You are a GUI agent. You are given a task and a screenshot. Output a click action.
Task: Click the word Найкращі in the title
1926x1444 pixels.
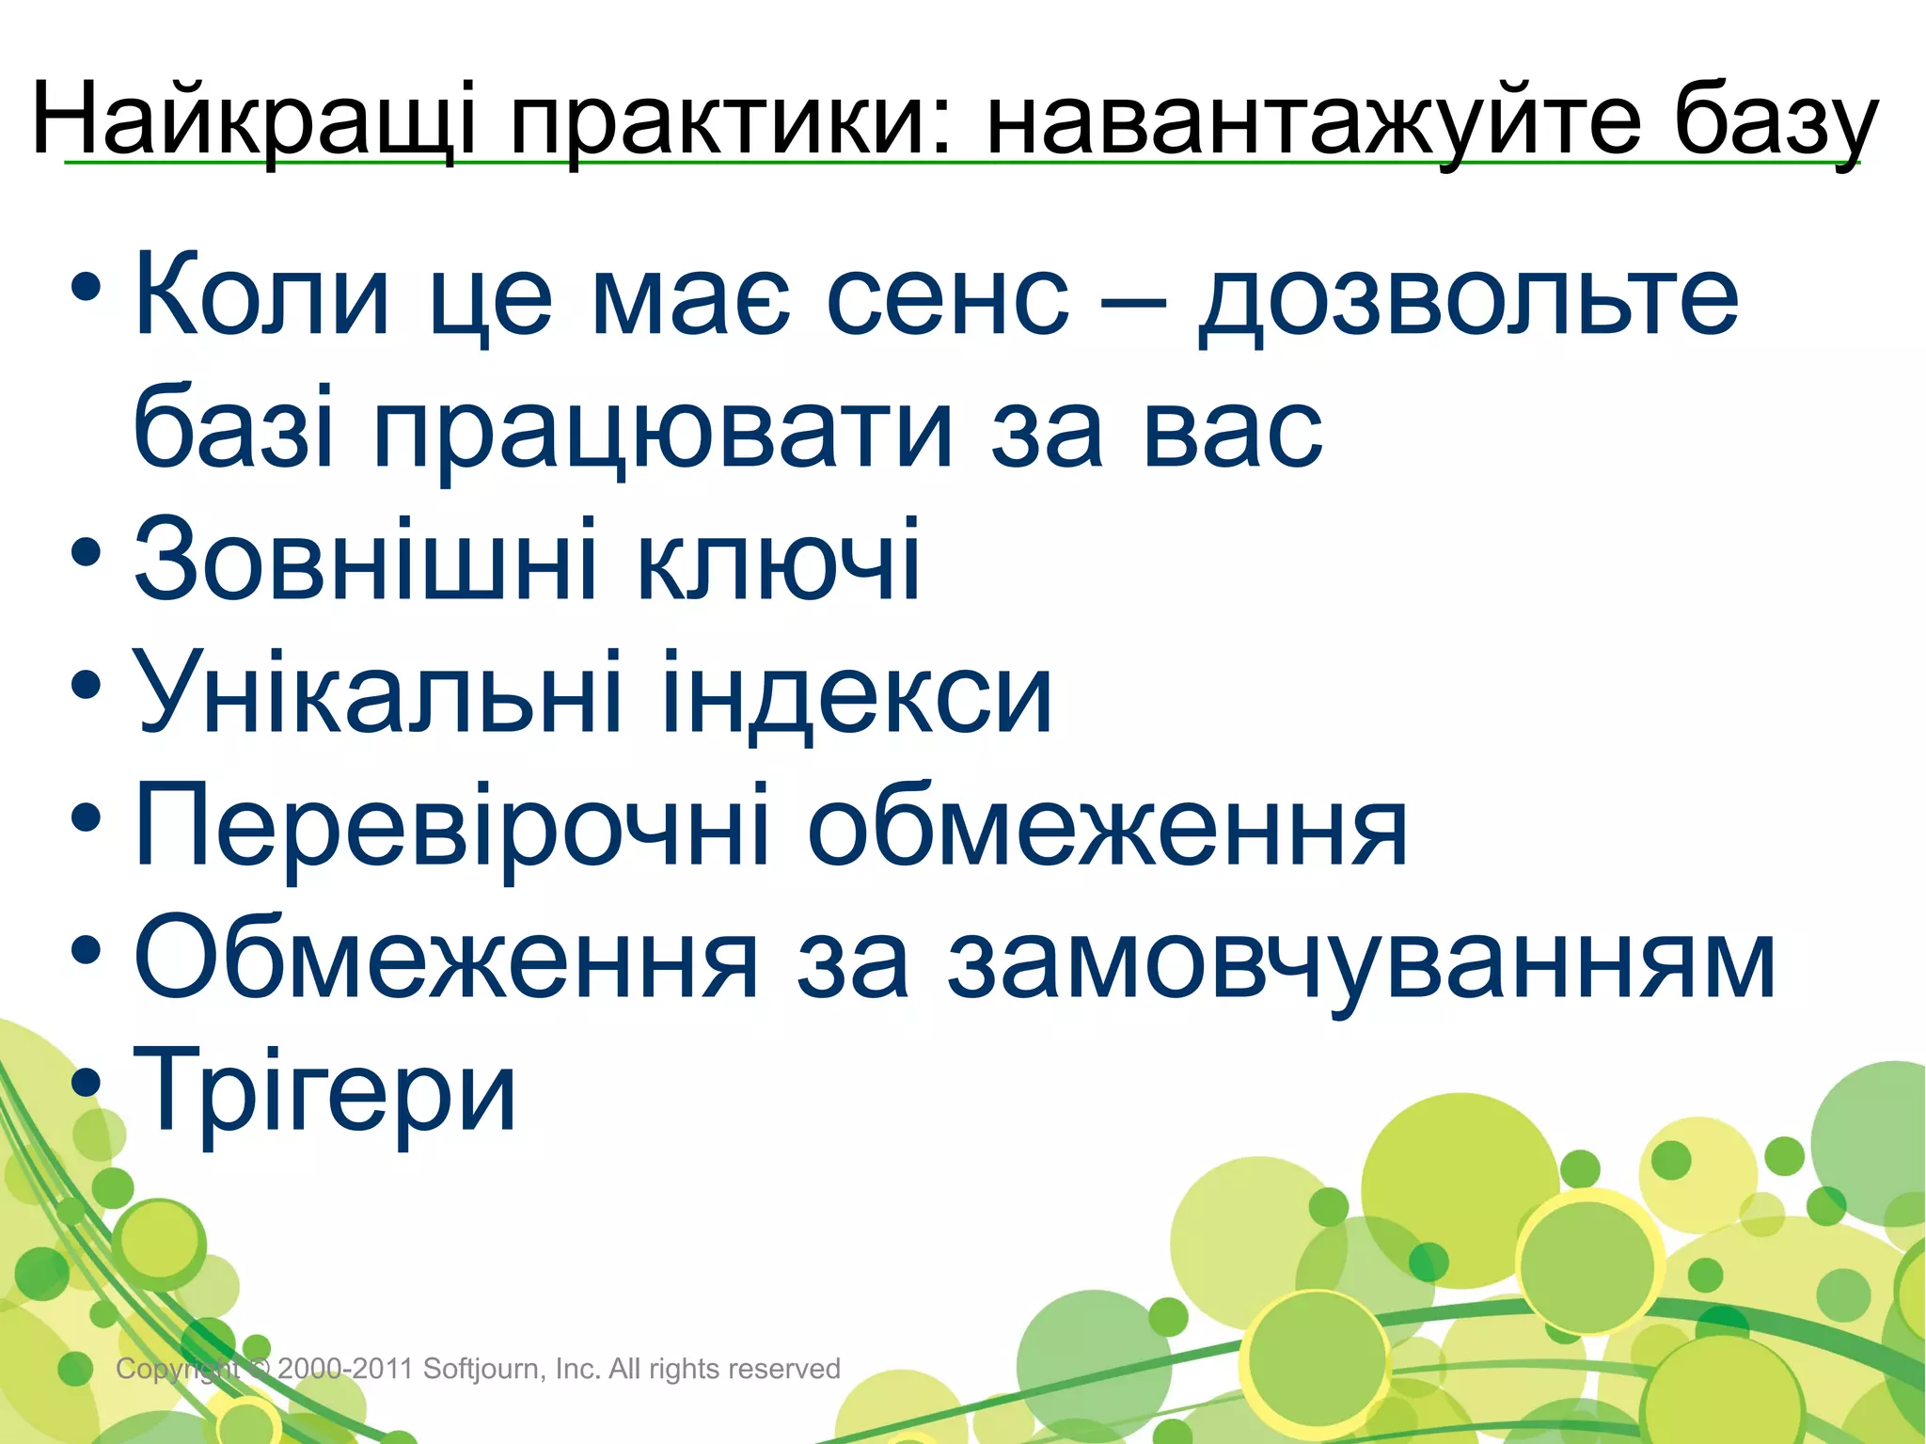(x=254, y=119)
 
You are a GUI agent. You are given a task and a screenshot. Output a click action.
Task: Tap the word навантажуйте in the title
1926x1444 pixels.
(x=1313, y=119)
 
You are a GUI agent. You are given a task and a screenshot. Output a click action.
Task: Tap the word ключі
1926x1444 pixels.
(x=779, y=563)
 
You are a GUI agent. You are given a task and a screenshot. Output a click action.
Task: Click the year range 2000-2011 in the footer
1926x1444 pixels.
(x=345, y=1369)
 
